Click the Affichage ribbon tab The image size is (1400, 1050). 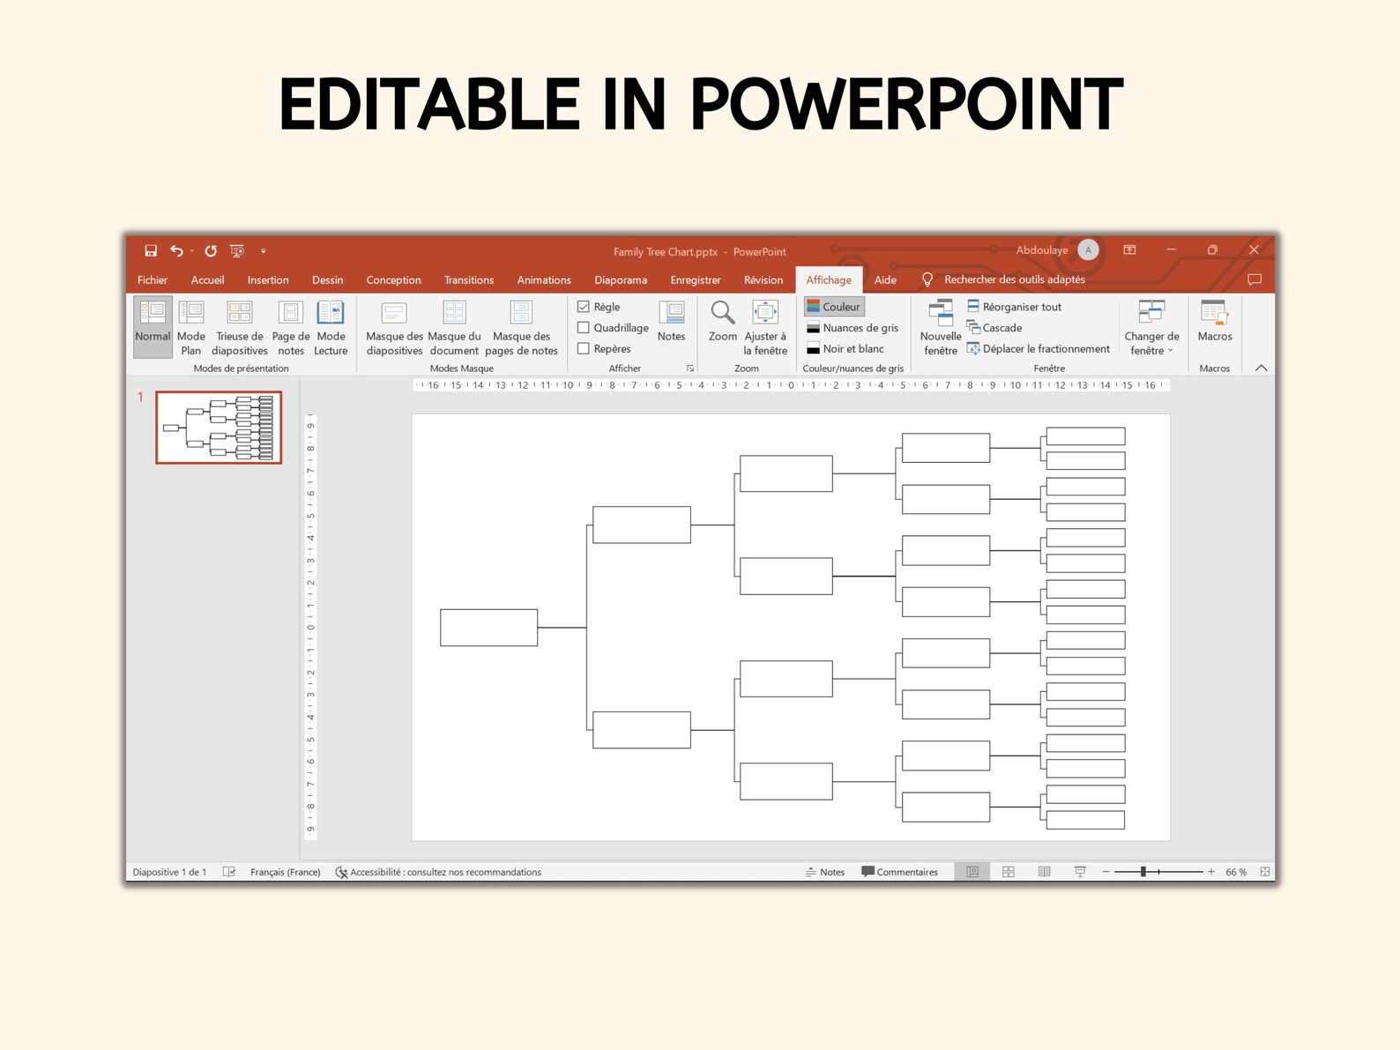[829, 280]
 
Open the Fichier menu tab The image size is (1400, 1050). [153, 280]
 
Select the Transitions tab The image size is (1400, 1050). [469, 280]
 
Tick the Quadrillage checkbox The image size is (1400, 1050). [584, 328]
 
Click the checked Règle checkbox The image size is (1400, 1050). [584, 307]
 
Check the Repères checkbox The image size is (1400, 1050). [584, 349]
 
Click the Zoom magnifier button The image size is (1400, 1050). [723, 320]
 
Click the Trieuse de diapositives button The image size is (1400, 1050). [240, 327]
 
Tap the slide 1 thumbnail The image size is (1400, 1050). [219, 428]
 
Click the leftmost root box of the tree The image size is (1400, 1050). [488, 628]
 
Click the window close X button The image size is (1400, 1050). [1254, 250]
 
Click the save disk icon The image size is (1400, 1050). [151, 251]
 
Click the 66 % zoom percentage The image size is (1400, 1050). [1236, 872]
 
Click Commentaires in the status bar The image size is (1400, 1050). [900, 872]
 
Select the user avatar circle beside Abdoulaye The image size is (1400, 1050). [1088, 250]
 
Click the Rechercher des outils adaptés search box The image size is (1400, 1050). [1014, 280]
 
